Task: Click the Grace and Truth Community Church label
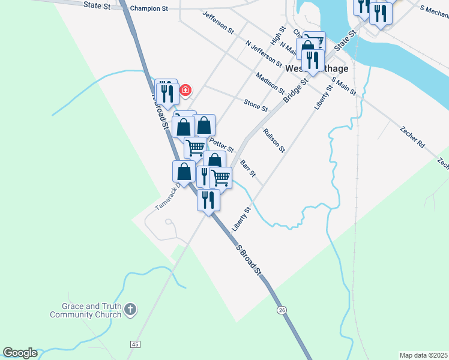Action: pos(84,310)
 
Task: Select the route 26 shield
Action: pos(282,310)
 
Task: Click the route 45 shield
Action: pos(134,344)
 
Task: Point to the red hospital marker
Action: pos(185,90)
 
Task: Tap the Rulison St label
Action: pos(273,140)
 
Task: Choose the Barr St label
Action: pos(248,169)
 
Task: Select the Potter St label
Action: pos(221,144)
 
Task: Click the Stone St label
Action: pos(256,105)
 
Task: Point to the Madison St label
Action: pos(270,83)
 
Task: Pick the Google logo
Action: pos(20,353)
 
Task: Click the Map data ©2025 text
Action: pos(423,355)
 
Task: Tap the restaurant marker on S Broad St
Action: pos(208,201)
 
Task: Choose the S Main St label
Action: pos(343,88)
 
